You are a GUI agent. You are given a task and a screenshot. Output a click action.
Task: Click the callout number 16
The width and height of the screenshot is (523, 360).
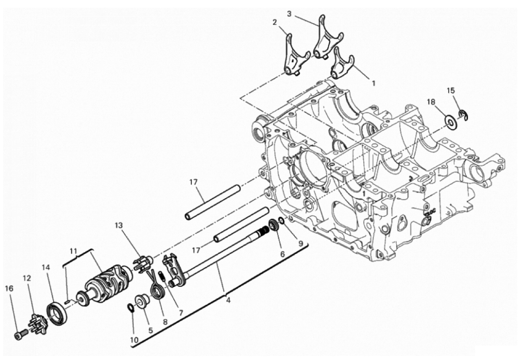[10, 289]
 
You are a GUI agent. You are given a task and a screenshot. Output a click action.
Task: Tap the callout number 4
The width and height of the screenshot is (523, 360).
[228, 300]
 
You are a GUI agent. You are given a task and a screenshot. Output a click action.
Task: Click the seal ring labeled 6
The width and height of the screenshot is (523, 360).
[274, 225]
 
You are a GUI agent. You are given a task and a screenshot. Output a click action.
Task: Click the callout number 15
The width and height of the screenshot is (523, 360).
[451, 90]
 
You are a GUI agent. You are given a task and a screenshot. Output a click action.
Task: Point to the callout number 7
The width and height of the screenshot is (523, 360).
[181, 313]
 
